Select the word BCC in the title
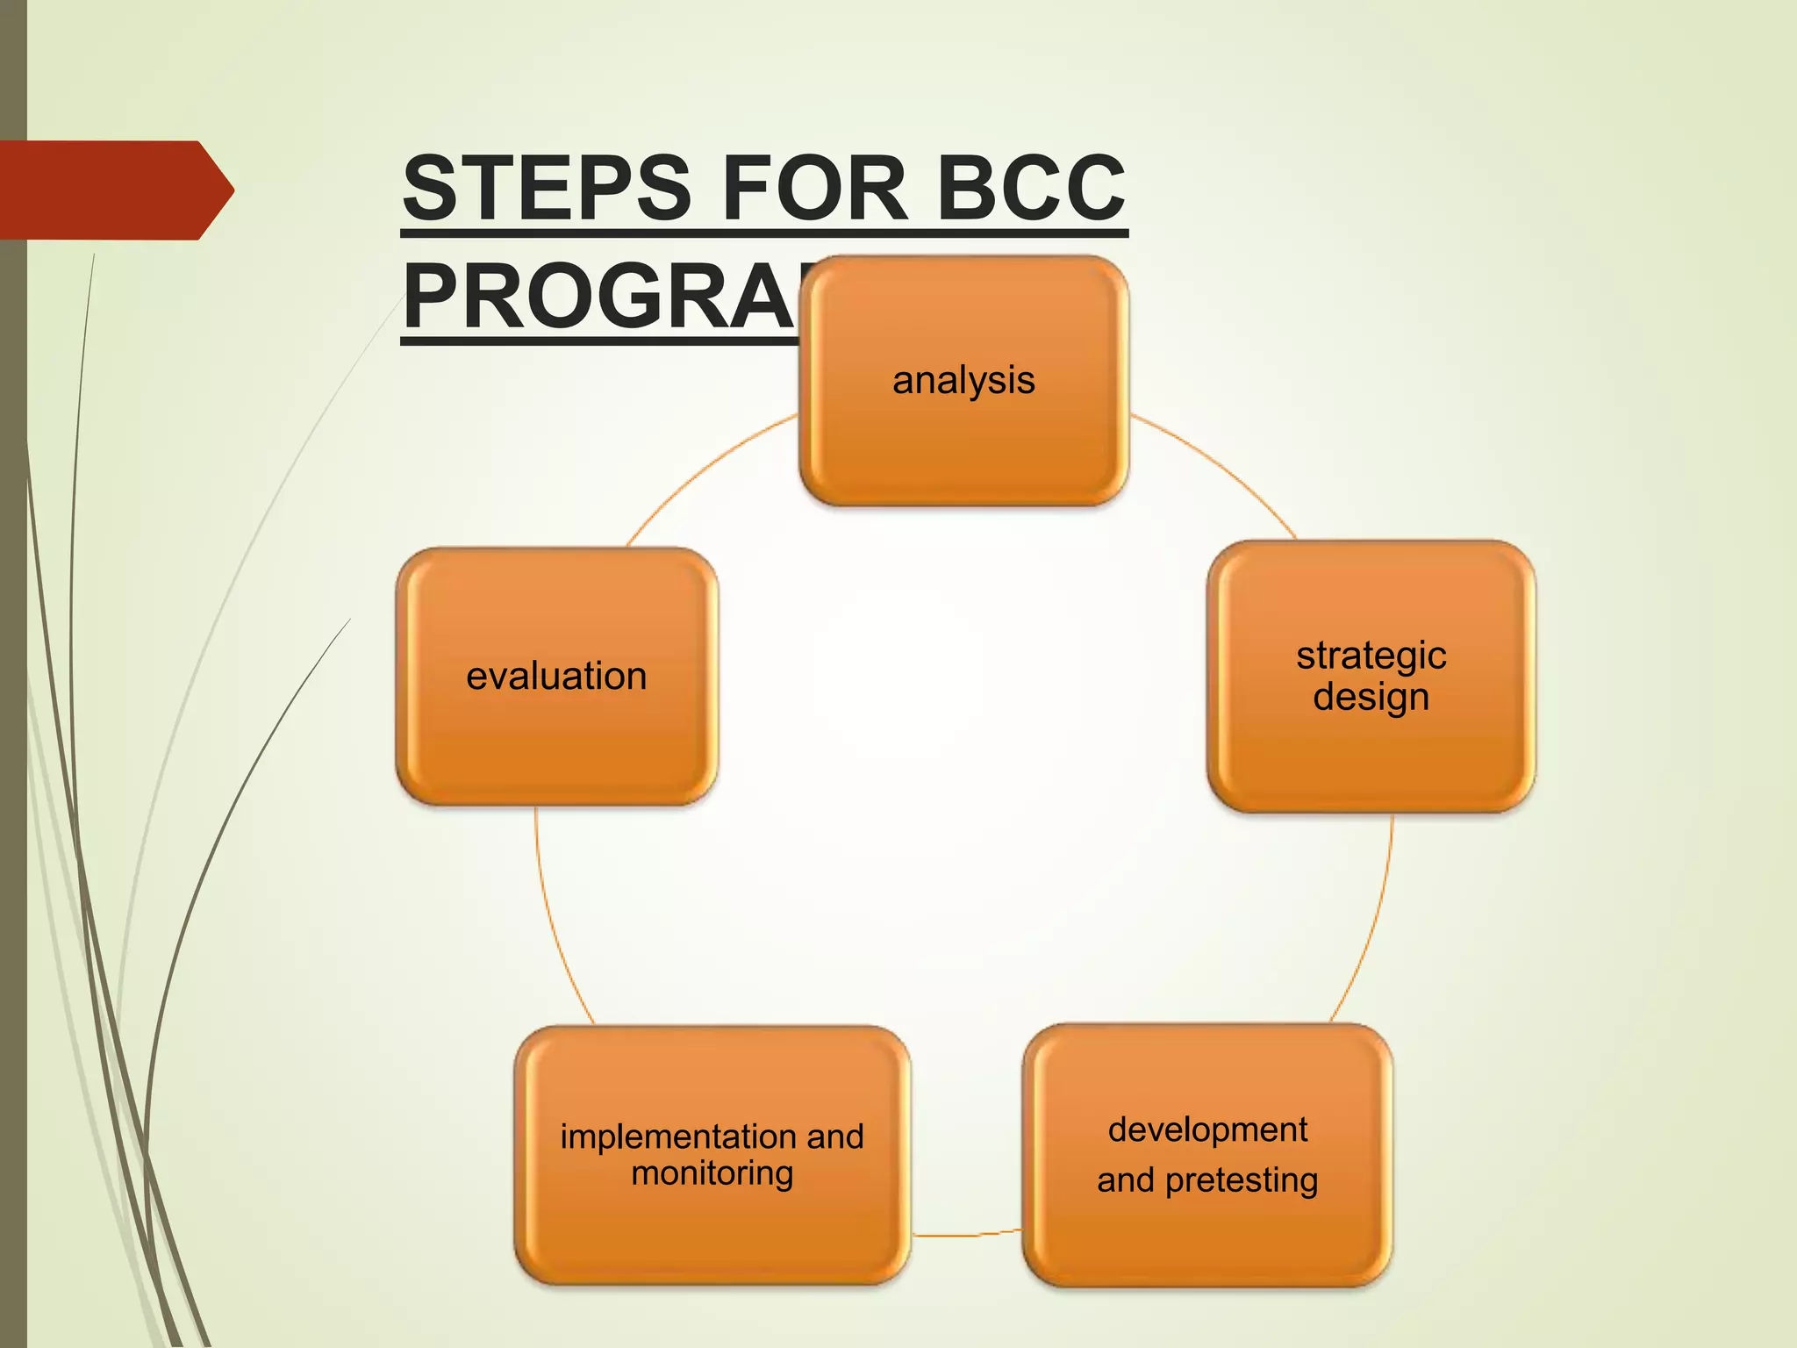click(1031, 188)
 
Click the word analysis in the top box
click(963, 380)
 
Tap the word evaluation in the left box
click(556, 676)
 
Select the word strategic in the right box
click(1371, 656)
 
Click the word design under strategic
click(1371, 698)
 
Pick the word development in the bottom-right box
click(1207, 1129)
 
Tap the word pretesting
click(1241, 1181)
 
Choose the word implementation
click(679, 1136)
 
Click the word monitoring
click(712, 1173)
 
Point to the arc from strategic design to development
click(1373, 930)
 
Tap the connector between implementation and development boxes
click(965, 1235)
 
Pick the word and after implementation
click(835, 1136)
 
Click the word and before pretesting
click(1125, 1181)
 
